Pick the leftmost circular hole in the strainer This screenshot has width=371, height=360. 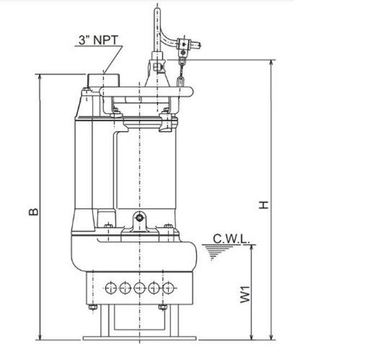pos(112,287)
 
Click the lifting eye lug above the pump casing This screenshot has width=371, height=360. pos(141,217)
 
